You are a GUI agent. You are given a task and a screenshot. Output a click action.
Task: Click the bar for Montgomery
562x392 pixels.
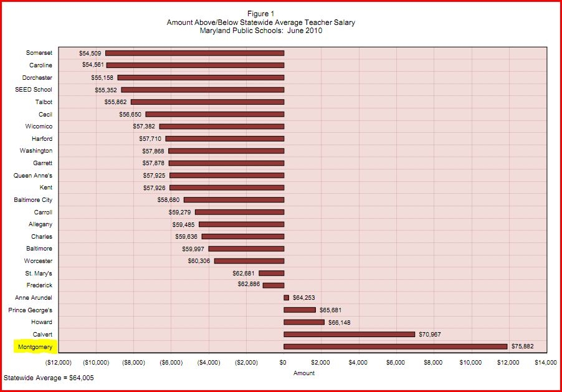point(396,347)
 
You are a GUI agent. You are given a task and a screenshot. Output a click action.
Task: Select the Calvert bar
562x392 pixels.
point(349,334)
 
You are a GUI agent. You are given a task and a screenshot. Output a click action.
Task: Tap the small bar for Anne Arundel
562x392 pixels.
point(286,298)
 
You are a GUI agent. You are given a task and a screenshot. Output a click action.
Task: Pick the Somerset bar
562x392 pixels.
point(194,54)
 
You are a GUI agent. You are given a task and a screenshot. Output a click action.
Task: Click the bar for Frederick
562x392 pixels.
point(273,285)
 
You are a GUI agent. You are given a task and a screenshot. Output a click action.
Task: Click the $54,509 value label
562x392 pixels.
point(90,54)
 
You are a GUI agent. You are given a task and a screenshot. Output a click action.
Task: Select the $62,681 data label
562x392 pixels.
point(244,273)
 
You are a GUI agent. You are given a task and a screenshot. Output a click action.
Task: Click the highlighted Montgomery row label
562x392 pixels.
point(35,347)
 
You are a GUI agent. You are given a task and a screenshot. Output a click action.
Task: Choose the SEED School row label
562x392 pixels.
point(34,90)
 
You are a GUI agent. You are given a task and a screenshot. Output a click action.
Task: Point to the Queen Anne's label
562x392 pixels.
point(33,176)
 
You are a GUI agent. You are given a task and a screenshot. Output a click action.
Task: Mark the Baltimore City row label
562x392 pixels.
point(33,200)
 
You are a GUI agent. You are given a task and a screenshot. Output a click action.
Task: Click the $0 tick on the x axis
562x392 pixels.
point(283,362)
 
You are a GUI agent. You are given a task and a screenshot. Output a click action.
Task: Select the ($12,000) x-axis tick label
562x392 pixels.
point(59,362)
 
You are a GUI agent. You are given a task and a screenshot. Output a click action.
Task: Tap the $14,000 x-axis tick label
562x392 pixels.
point(546,362)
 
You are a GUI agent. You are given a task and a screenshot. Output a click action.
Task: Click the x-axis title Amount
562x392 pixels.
point(303,373)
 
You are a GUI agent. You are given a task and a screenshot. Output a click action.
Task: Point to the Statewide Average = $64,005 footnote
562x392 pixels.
point(49,378)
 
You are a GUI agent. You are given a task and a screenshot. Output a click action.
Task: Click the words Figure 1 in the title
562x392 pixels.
point(261,14)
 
